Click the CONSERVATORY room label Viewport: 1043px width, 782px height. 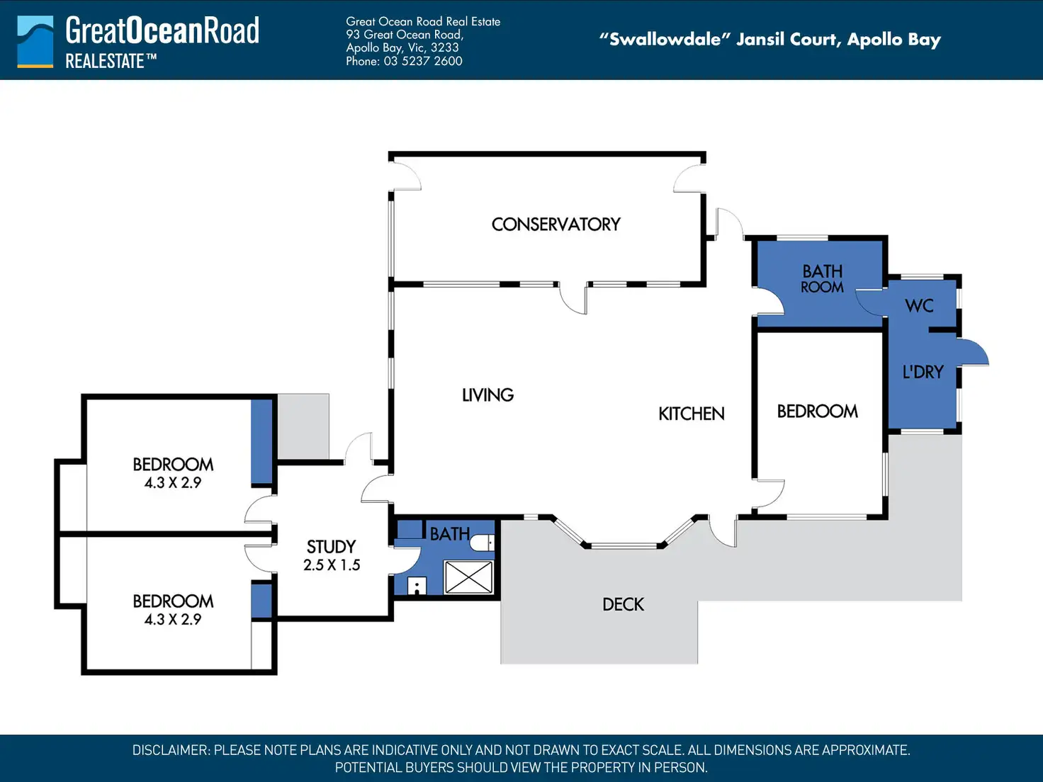coord(556,224)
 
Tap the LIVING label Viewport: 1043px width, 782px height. coord(487,395)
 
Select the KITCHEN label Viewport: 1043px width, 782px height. coord(692,414)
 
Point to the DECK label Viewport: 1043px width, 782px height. coord(623,604)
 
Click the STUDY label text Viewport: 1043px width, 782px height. coord(331,547)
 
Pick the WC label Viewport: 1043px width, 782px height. coord(919,306)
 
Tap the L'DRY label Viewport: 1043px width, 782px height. coord(923,372)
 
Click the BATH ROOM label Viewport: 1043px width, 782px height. coord(822,278)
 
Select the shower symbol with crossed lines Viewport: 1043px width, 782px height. coord(468,577)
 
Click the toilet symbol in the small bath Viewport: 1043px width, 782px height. coord(482,542)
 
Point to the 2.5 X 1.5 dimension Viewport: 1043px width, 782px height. coord(332,565)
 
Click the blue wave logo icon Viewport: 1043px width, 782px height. coord(35,42)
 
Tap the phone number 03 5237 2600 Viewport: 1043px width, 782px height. coord(423,61)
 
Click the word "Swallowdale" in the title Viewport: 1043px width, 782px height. coord(665,39)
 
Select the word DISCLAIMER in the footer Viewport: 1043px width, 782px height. coord(171,750)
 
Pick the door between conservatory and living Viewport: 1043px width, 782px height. coord(574,298)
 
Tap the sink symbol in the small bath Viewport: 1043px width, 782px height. coord(417,585)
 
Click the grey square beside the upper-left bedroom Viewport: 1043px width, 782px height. coord(303,426)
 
